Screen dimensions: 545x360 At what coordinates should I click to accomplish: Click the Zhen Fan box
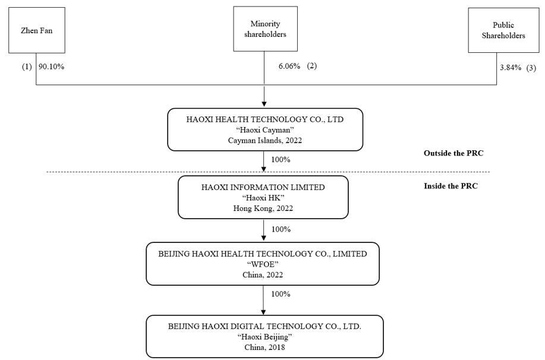(x=37, y=30)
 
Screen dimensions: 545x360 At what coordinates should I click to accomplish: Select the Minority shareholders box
(x=265, y=29)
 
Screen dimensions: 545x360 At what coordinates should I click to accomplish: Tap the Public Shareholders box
(x=503, y=30)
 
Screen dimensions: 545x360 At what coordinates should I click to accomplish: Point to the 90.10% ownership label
(x=52, y=67)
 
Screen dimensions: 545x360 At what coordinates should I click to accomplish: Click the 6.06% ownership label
(x=289, y=66)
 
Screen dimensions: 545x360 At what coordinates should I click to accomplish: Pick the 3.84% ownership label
(x=511, y=67)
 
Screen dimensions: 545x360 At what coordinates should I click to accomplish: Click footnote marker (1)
(x=27, y=67)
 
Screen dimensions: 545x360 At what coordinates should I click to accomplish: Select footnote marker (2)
(x=312, y=66)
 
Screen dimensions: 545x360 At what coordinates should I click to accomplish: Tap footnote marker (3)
(x=531, y=68)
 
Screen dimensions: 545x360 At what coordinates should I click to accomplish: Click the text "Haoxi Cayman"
(x=265, y=130)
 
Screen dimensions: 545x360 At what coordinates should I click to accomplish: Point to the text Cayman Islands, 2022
(x=265, y=140)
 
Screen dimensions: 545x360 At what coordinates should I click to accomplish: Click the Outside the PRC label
(x=453, y=153)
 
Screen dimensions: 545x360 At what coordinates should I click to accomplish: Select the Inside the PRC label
(x=451, y=186)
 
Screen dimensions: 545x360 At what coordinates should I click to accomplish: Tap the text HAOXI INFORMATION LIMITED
(x=263, y=187)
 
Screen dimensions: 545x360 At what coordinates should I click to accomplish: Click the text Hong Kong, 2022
(x=263, y=208)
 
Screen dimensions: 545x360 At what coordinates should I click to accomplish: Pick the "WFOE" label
(x=263, y=264)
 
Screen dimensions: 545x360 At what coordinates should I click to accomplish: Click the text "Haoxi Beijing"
(x=264, y=337)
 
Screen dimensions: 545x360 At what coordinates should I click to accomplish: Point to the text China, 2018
(x=264, y=347)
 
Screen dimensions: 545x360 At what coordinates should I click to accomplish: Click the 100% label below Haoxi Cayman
(x=281, y=159)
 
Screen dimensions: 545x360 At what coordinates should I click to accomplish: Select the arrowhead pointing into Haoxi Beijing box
(x=263, y=312)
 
